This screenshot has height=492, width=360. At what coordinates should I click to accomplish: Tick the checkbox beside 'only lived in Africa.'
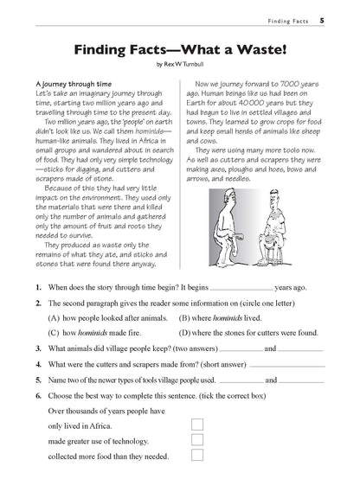(x=197, y=425)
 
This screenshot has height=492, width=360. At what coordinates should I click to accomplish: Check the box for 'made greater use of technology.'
(x=197, y=440)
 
